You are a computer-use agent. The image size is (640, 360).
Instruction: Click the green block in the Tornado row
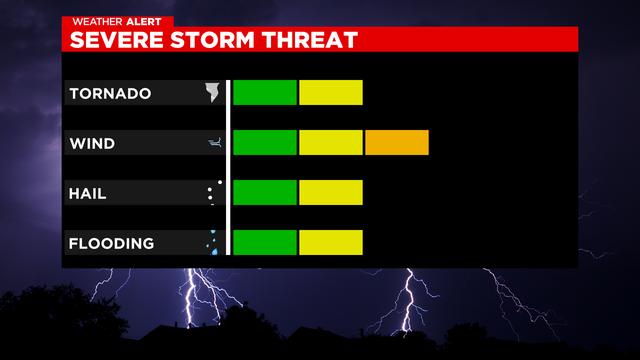[265, 93]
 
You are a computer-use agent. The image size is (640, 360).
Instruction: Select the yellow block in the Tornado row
[331, 93]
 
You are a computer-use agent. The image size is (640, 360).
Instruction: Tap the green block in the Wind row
[265, 143]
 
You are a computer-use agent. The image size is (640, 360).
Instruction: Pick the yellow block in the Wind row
[331, 143]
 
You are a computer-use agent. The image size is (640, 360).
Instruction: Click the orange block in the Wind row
[397, 143]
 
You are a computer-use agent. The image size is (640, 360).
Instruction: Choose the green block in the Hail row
[265, 192]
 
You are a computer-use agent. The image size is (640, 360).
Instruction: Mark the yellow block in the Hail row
[331, 192]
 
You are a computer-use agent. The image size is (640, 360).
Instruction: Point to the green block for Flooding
[265, 242]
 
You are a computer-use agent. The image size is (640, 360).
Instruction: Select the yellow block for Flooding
[331, 242]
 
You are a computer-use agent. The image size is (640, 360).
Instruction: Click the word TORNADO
[109, 94]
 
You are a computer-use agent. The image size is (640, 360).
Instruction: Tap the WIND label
[92, 144]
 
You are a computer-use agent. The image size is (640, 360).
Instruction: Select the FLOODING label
[111, 243]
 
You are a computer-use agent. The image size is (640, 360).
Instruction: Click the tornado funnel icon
[212, 93]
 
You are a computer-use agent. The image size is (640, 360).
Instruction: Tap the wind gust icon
[213, 143]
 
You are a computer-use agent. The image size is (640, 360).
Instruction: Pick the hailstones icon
[212, 192]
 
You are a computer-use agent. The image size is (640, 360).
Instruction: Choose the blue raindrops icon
[212, 242]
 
